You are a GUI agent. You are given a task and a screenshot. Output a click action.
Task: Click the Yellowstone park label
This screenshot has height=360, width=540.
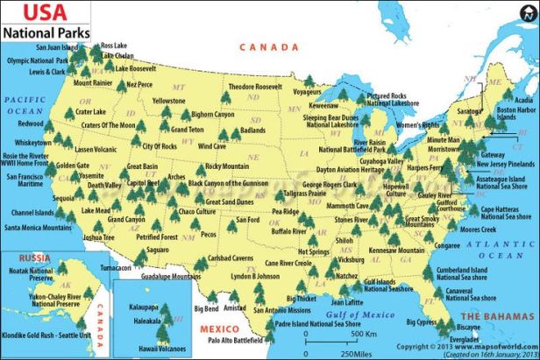click(168, 101)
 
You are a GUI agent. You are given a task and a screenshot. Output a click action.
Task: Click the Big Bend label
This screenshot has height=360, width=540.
click(206, 309)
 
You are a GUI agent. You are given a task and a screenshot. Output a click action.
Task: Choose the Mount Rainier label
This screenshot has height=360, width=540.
click(93, 83)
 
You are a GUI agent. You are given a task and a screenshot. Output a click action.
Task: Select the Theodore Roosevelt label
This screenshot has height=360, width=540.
click(255, 88)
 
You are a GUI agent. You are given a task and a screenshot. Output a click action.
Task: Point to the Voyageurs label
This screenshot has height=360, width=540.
click(306, 90)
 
